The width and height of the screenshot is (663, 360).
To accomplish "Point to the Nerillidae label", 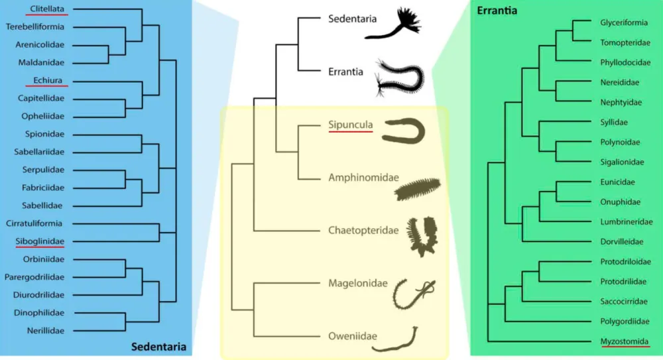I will tap(45, 330).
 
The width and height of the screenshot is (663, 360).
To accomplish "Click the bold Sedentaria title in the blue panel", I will tap(158, 346).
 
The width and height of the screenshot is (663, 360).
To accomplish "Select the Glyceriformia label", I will tap(624, 23).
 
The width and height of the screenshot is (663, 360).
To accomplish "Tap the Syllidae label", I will tap(614, 122).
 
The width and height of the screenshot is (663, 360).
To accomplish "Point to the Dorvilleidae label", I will tap(622, 242).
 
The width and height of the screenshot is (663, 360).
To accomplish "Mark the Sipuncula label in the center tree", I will tap(351, 125).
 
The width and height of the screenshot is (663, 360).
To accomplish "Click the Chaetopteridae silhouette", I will tap(420, 236).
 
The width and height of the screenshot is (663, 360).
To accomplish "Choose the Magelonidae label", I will tap(358, 283).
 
